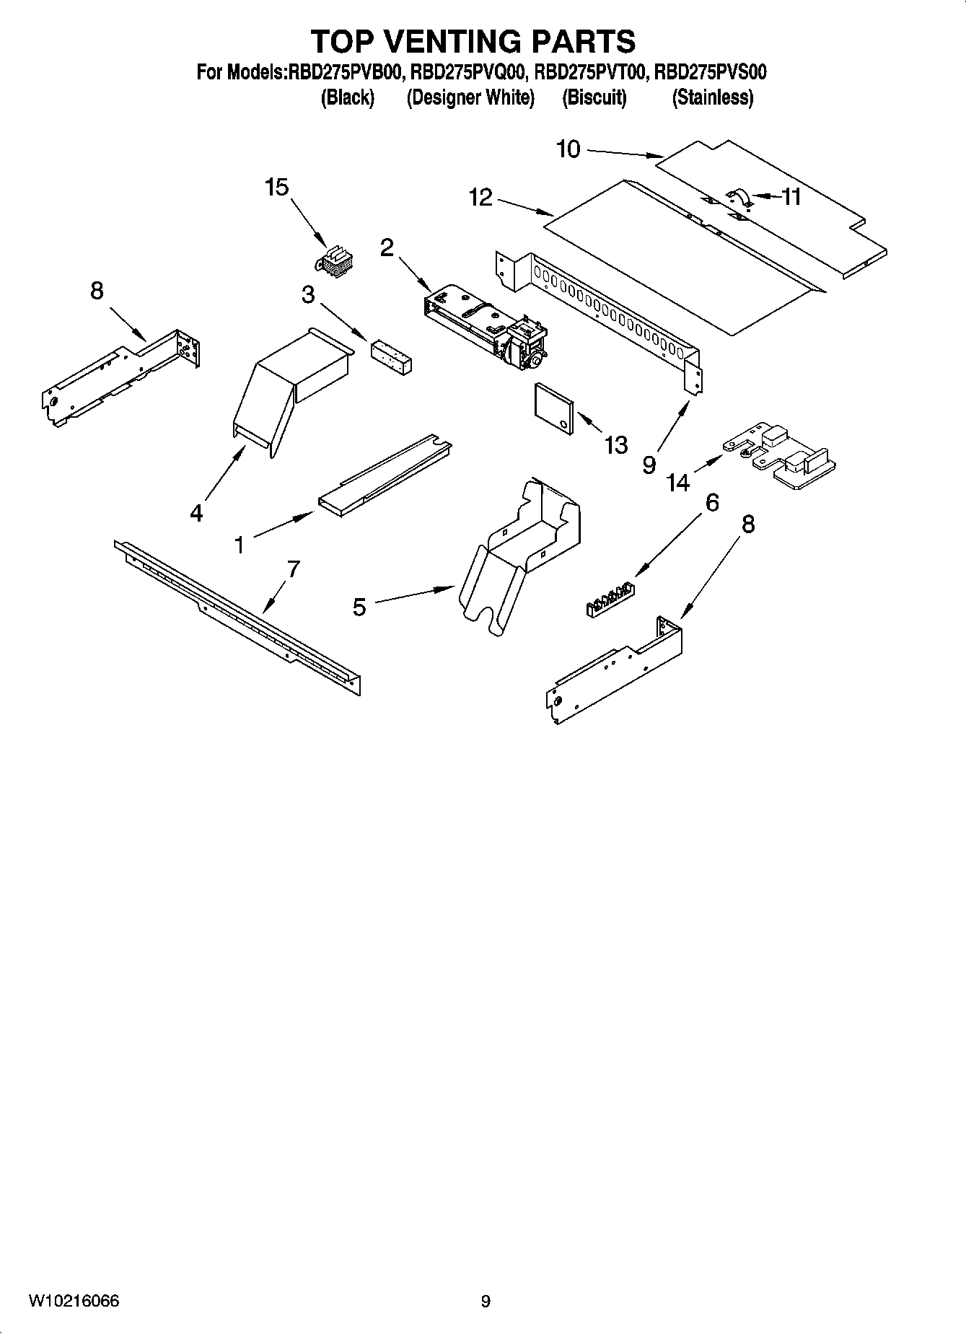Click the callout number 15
tap(276, 188)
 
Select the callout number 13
tap(615, 445)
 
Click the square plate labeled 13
tap(553, 409)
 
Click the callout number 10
tap(568, 149)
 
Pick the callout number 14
tap(678, 482)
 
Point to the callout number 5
tap(359, 607)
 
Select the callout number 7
tap(293, 569)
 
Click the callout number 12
tap(480, 197)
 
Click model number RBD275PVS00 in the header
tap(711, 72)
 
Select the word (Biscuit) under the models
tap(594, 97)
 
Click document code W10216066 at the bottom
tap(74, 1301)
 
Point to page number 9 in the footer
tap(486, 1302)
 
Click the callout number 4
tap(196, 513)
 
